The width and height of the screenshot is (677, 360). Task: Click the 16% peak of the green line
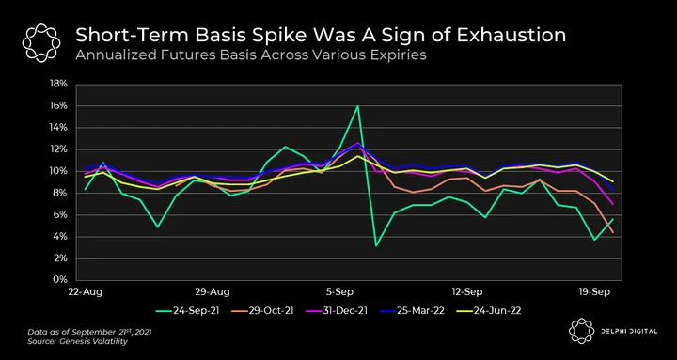[358, 106]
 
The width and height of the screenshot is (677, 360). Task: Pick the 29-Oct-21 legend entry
[262, 310]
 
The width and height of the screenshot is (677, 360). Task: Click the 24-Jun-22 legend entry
[488, 310]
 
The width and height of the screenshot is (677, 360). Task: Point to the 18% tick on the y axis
[59, 85]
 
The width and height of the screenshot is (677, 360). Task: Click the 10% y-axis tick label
[59, 171]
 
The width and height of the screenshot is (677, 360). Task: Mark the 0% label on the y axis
[61, 280]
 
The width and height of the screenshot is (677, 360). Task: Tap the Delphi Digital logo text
[629, 332]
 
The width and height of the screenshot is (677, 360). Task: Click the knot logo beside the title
[41, 43]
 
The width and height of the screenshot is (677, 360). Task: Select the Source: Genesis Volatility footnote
[78, 342]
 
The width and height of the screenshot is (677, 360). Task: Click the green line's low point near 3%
[376, 246]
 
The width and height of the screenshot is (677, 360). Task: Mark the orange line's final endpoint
[613, 232]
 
